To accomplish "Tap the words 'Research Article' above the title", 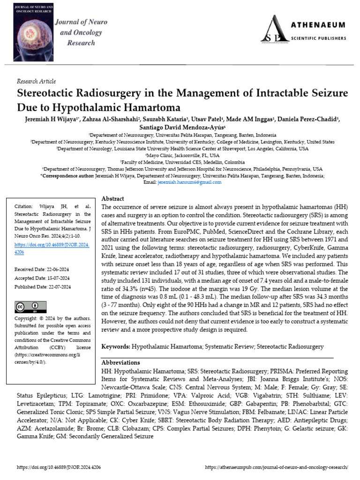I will click(x=36, y=81).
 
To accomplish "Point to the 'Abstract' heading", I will click(x=112, y=199).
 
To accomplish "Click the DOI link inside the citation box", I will click(x=52, y=248).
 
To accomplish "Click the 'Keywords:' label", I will click(x=116, y=346).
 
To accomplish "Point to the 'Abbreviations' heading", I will click(x=120, y=362).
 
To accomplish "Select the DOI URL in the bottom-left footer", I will click(x=59, y=467).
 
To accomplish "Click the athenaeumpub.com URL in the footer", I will click(x=277, y=467).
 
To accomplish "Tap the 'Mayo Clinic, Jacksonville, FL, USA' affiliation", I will click(x=182, y=155).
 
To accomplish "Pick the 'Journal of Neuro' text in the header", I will click(x=81, y=22).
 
